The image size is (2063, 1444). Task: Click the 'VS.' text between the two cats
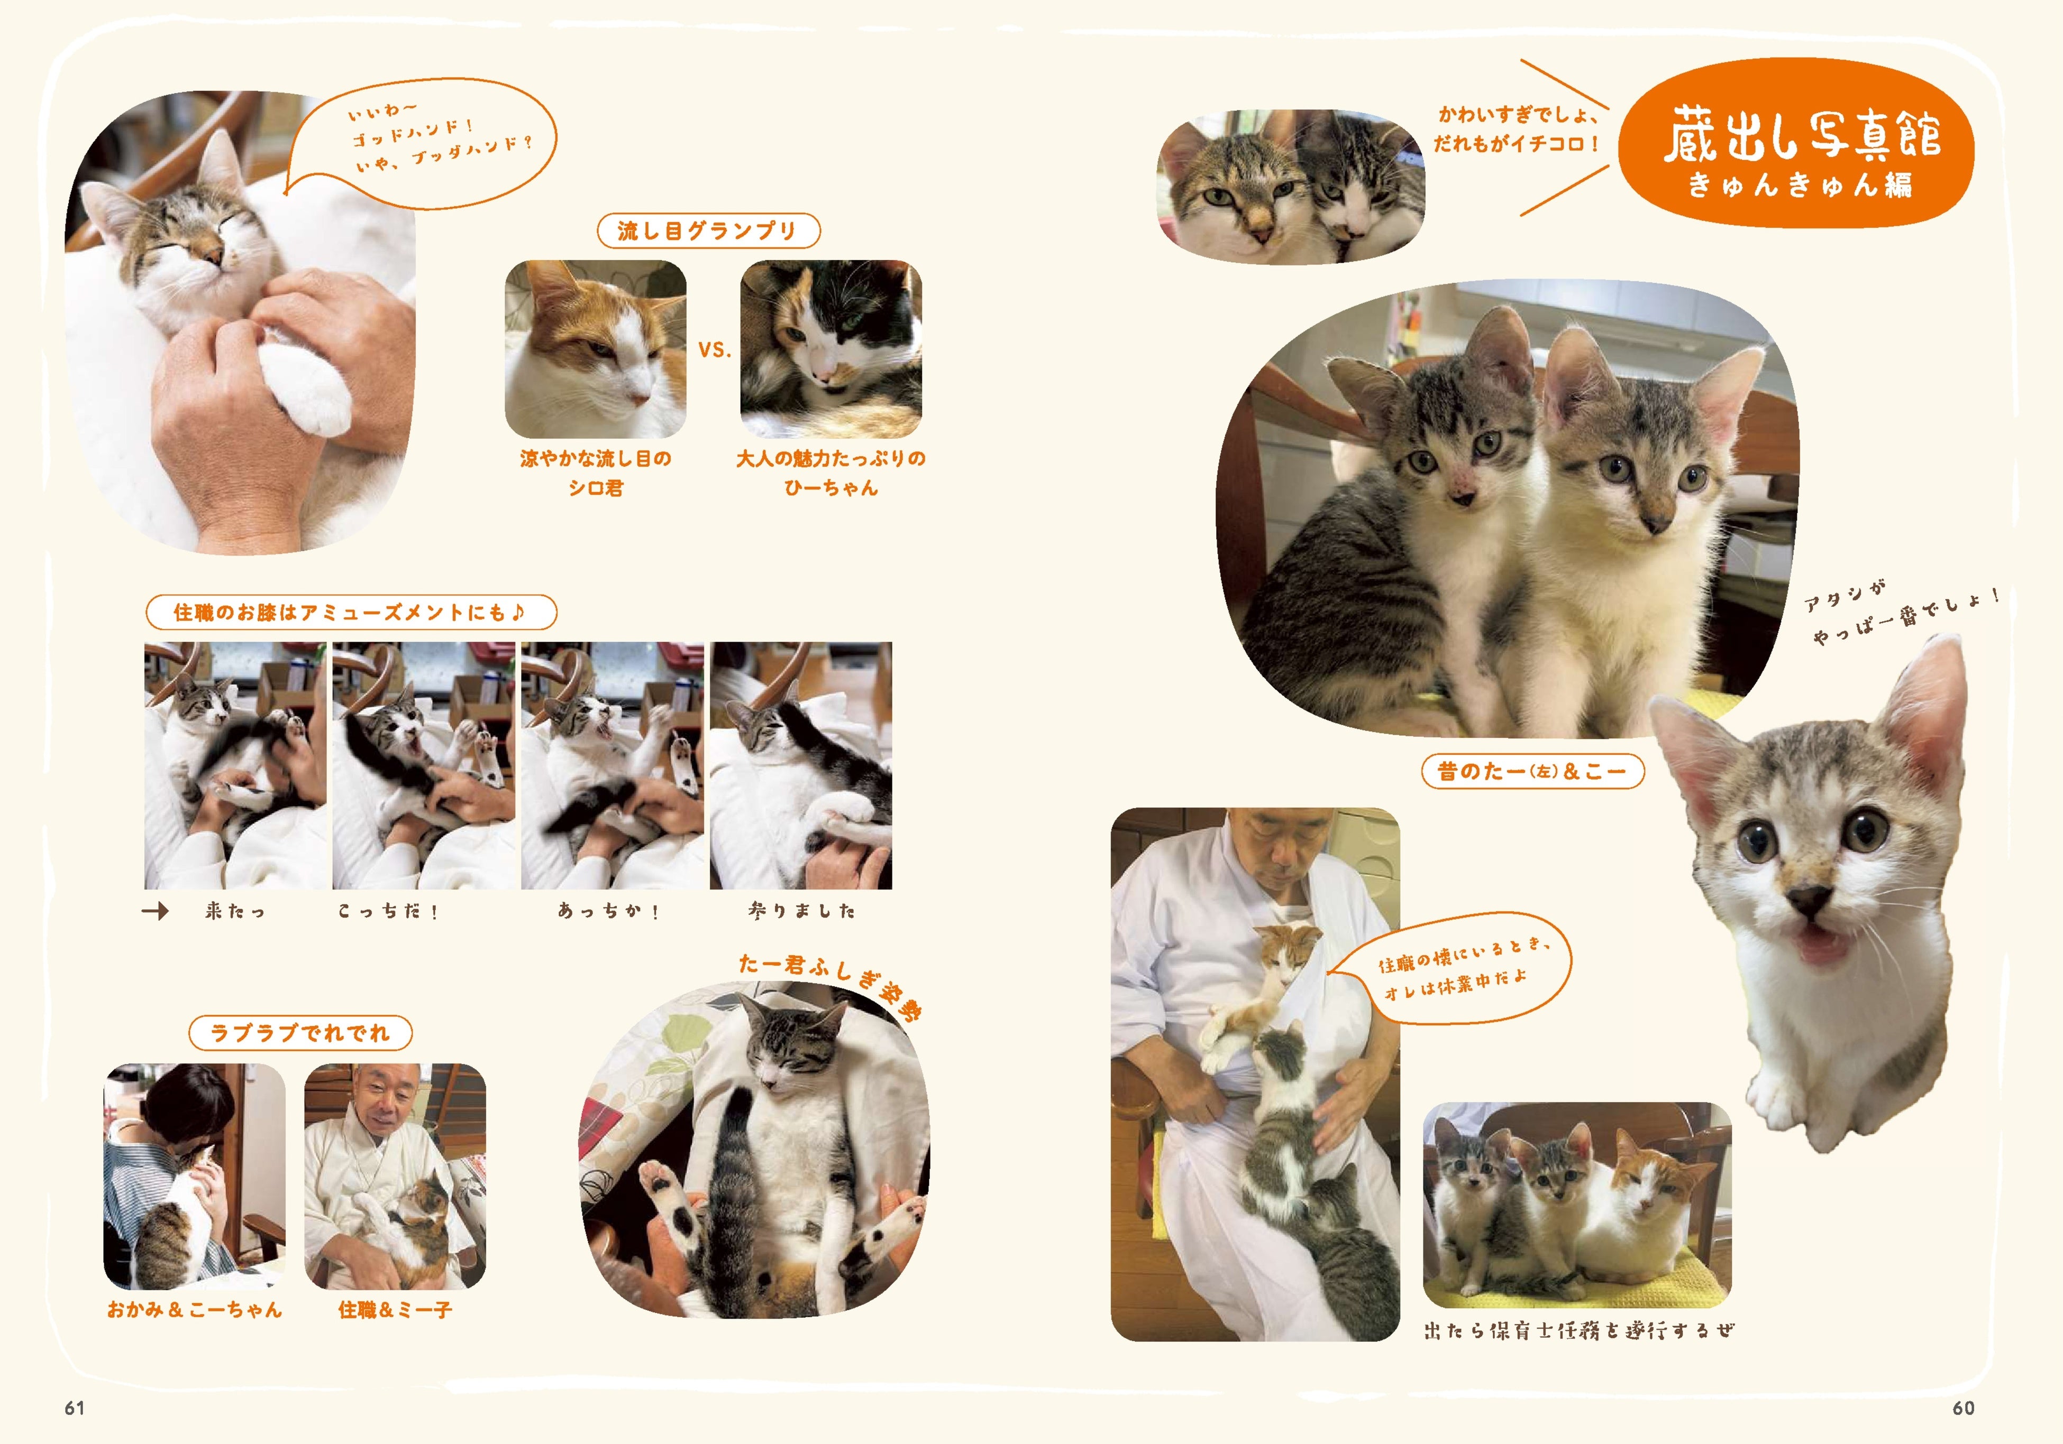[x=714, y=350]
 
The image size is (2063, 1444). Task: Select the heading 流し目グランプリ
[x=708, y=231]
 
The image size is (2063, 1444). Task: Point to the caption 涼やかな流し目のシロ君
[x=596, y=473]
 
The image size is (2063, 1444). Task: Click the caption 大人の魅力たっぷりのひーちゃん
[x=831, y=473]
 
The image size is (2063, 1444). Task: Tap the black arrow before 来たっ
[x=154, y=911]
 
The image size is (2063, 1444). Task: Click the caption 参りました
[x=801, y=911]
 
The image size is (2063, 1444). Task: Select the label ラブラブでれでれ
[x=300, y=1033]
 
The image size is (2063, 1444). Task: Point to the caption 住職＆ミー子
[x=395, y=1310]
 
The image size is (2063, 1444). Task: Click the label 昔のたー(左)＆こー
[x=1533, y=771]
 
